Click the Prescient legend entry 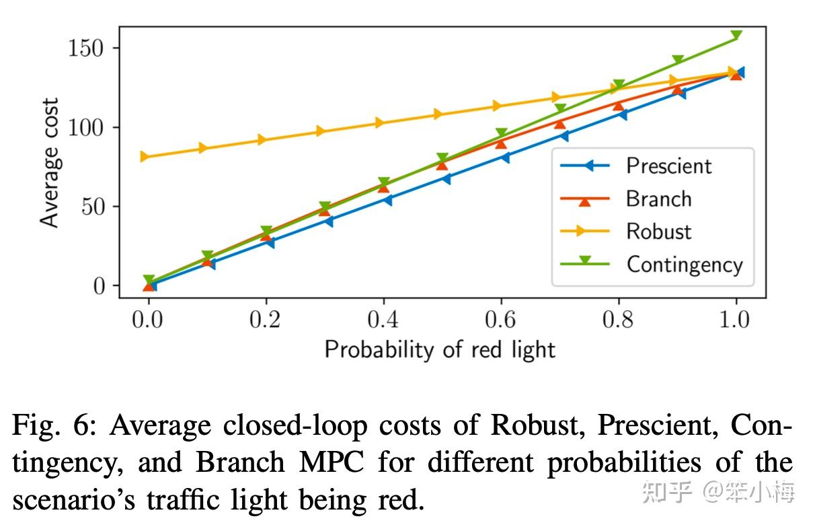668,166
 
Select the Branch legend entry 658,199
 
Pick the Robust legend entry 658,232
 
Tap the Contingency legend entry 684,264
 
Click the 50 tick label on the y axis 94,207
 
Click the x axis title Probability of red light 440,349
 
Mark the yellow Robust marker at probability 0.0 144,157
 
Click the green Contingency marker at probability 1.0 736,36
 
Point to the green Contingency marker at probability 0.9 678,61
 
